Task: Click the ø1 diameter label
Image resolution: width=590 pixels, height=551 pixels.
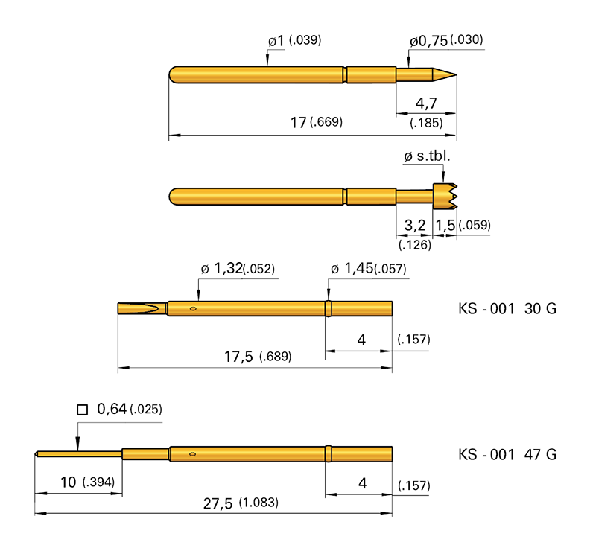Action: tap(276, 41)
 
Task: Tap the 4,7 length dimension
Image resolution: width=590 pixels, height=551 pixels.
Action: tap(425, 103)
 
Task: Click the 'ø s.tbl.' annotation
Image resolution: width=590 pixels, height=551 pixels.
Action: tap(427, 157)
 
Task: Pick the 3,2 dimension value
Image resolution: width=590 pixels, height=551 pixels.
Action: tap(414, 225)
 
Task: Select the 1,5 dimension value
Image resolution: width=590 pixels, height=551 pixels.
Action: tap(445, 225)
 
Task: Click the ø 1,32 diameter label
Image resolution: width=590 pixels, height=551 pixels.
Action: tap(223, 269)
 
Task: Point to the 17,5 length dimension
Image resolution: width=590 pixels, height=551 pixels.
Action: tap(240, 357)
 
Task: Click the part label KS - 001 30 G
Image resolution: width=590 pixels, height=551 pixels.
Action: tap(506, 309)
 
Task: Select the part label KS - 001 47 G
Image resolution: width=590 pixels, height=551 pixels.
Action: tap(506, 454)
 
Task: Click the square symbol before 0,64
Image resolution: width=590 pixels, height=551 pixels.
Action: tap(83, 410)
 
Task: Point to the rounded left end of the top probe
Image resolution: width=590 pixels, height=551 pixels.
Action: tap(174, 75)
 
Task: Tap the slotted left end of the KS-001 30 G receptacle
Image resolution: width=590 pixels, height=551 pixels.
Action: tap(138, 308)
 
